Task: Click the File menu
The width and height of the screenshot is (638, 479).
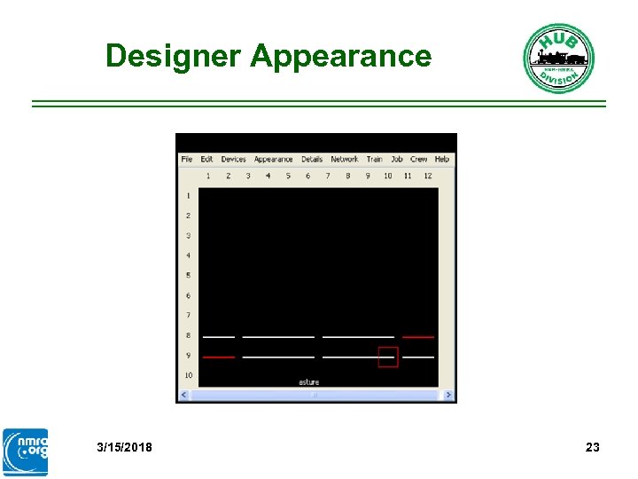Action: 186,160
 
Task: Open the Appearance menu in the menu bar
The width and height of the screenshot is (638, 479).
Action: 273,160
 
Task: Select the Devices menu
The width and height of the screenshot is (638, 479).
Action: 233,160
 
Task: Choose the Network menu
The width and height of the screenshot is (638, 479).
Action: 344,160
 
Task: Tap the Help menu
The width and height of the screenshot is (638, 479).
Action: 441,160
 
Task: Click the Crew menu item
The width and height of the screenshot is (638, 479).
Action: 418,160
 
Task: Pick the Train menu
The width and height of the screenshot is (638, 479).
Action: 375,160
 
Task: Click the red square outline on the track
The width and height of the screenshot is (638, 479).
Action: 388,357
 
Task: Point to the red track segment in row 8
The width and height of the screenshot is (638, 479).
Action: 418,337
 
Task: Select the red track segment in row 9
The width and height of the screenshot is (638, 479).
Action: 219,357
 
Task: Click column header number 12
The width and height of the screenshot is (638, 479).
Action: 427,176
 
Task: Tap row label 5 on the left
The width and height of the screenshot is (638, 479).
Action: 188,276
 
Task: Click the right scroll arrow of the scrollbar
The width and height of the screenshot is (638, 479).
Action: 449,395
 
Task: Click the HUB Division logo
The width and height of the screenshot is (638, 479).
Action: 558,59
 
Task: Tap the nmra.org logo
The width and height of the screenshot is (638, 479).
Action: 26,452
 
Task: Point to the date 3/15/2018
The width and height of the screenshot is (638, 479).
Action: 124,447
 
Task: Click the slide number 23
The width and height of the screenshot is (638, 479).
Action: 593,447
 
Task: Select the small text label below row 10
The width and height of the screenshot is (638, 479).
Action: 308,382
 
